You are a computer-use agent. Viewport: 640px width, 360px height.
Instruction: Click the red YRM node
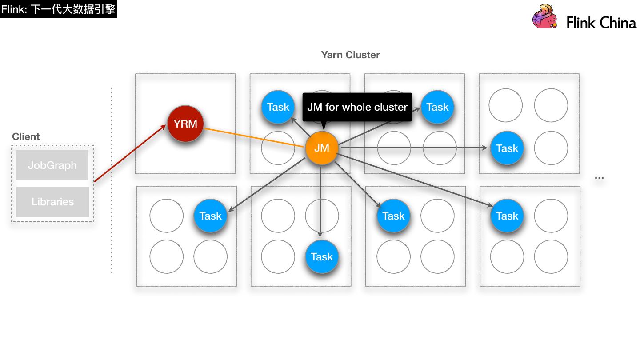[185, 124]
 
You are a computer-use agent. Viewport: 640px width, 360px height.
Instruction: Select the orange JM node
[321, 148]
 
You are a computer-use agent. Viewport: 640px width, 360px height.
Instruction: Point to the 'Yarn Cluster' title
[350, 55]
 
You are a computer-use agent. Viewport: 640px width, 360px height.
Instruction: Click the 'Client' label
[26, 136]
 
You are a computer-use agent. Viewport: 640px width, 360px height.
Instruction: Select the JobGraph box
[52, 165]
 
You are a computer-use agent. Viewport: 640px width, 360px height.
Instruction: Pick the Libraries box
[52, 202]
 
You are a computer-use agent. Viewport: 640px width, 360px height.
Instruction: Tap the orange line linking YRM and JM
[253, 137]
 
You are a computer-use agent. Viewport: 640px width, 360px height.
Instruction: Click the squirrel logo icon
[545, 17]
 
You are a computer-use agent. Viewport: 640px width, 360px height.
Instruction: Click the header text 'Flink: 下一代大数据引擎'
[58, 9]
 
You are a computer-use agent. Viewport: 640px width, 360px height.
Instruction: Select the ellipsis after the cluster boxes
[599, 178]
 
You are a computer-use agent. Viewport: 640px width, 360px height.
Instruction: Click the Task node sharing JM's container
[278, 107]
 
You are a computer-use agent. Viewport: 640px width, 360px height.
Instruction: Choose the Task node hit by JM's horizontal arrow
[507, 148]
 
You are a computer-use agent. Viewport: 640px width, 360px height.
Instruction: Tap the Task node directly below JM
[322, 257]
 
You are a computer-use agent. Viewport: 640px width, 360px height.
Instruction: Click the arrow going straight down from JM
[320, 200]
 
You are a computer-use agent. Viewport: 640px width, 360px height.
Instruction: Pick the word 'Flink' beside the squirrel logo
[580, 23]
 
